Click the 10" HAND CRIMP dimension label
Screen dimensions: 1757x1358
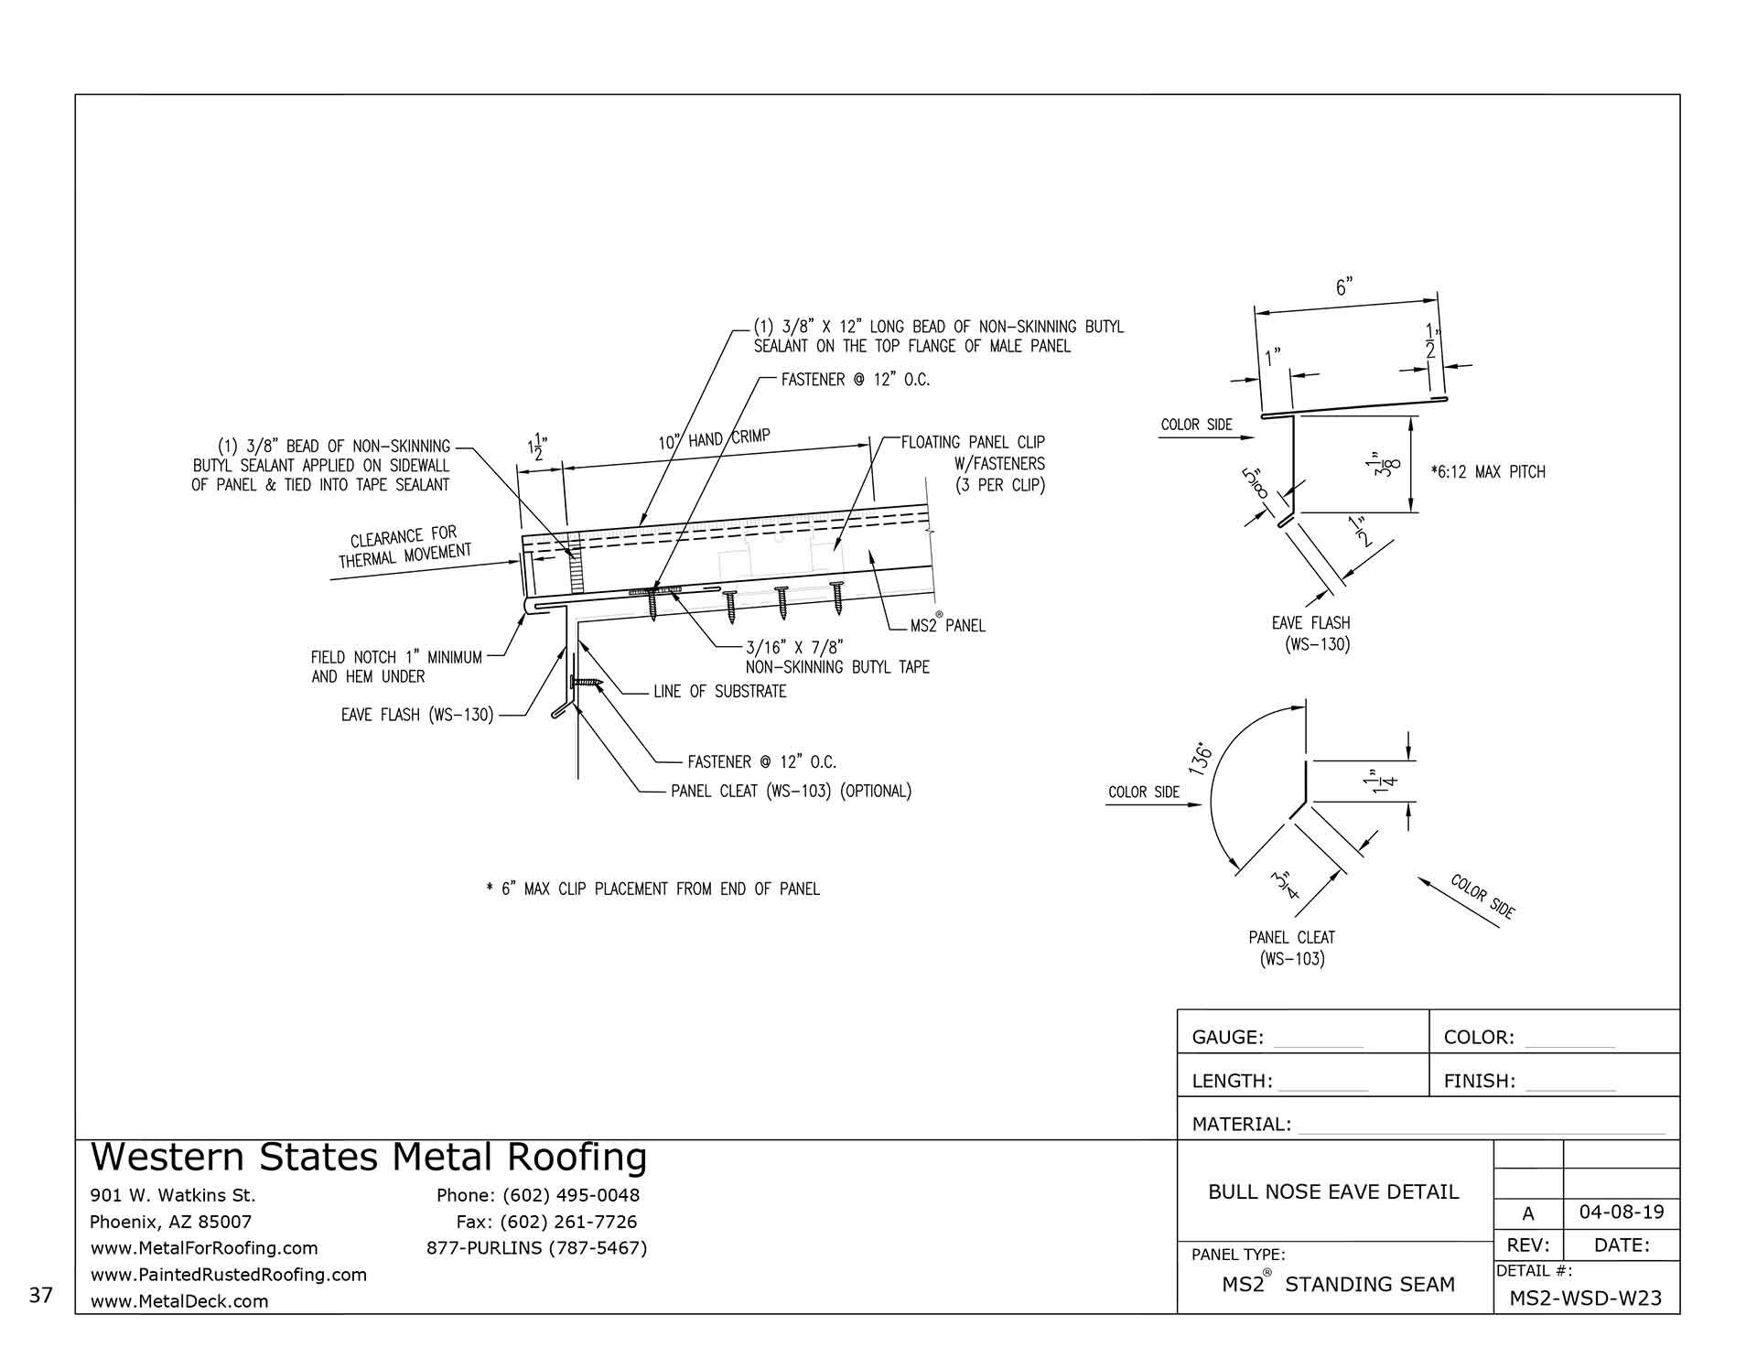coord(715,440)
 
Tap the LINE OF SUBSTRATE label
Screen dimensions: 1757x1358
coord(720,692)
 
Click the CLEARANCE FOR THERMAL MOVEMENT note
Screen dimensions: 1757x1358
coord(404,547)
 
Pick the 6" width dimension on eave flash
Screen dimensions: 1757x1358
coord(1343,287)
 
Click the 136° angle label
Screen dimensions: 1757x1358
coord(1202,760)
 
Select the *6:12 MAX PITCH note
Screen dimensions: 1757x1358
coord(1488,472)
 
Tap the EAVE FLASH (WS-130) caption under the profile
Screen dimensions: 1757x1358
coord(1311,633)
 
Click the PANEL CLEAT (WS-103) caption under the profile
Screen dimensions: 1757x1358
coord(1291,948)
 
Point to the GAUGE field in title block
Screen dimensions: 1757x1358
coord(1227,1038)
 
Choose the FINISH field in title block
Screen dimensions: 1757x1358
coord(1479,1082)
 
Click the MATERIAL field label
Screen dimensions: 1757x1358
coord(1241,1125)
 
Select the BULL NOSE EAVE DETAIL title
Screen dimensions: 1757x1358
coord(1333,1191)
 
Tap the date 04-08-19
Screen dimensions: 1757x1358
coord(1622,1212)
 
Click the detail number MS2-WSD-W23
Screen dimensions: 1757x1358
coord(1586,1298)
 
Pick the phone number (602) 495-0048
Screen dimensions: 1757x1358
coord(538,1195)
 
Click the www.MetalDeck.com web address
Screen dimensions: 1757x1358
coord(179,1301)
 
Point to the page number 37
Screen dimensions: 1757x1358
coord(41,1295)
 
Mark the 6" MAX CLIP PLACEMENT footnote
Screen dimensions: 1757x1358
coord(652,889)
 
